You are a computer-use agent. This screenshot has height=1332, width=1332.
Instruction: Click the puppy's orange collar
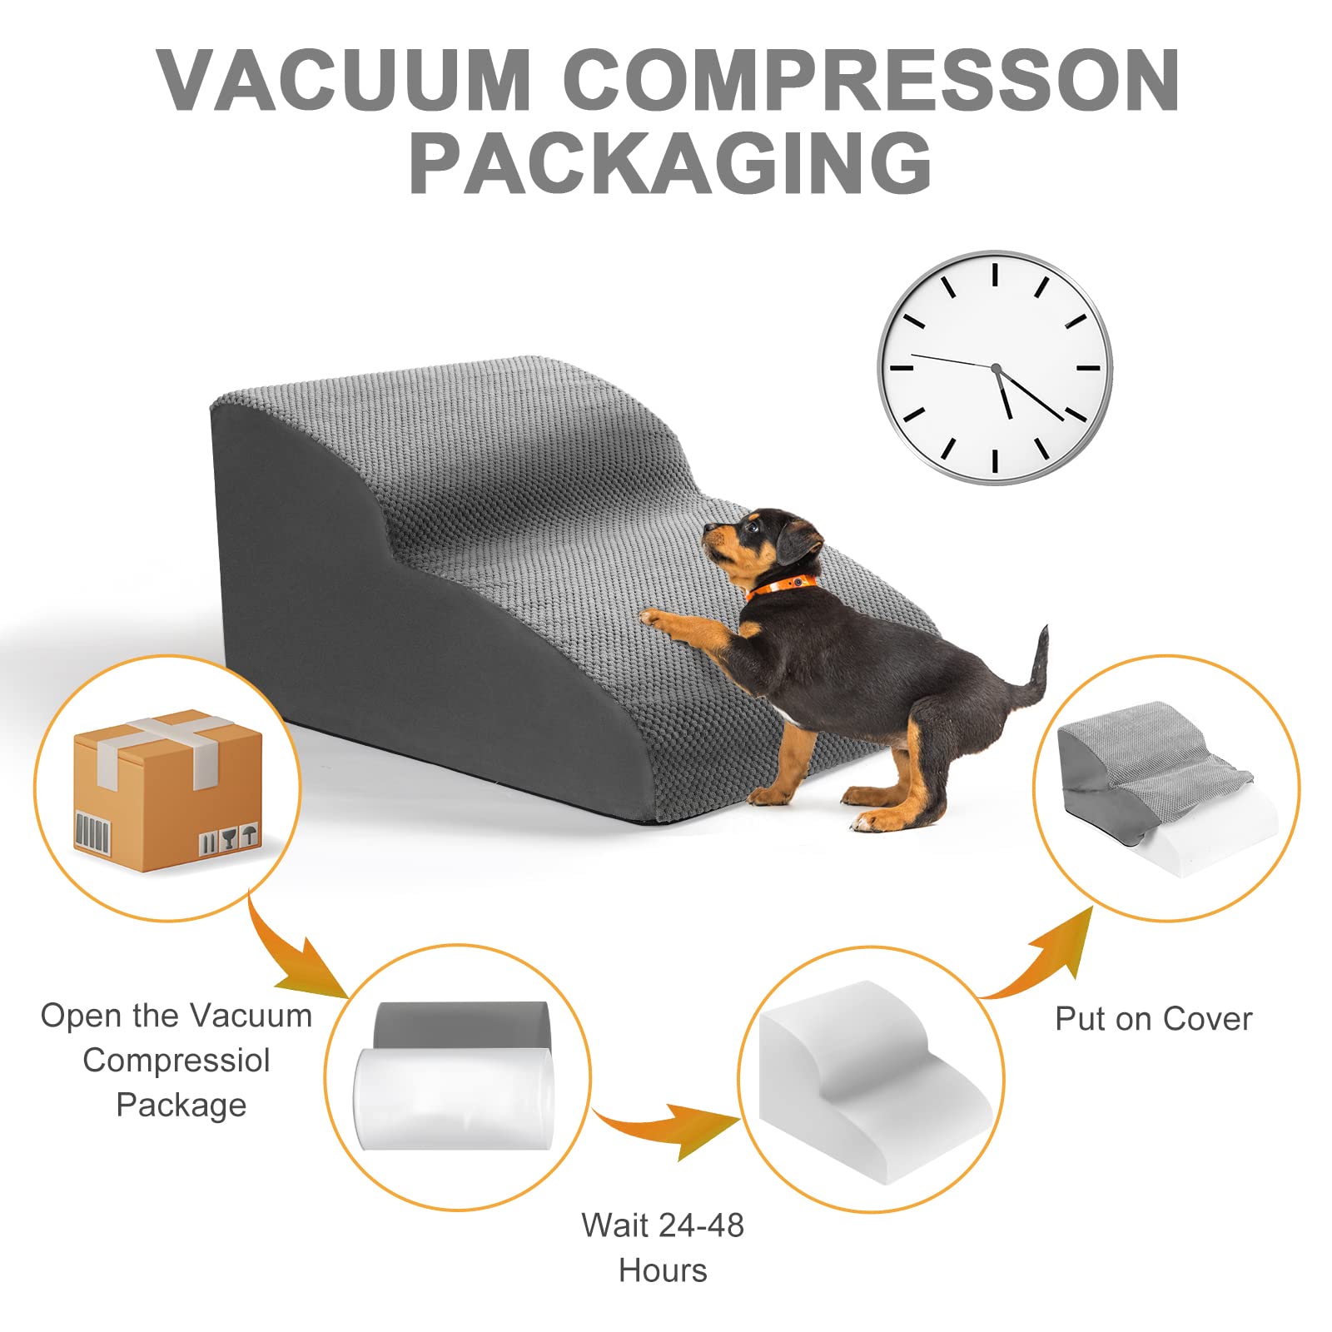pos(781,584)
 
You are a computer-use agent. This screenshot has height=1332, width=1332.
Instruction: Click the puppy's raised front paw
pos(654,618)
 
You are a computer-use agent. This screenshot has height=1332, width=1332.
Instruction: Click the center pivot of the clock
pos(995,367)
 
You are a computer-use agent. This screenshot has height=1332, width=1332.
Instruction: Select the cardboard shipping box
pos(167,790)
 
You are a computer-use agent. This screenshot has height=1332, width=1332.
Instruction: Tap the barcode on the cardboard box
pos(92,832)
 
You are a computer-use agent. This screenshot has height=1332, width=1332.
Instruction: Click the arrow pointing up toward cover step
pos(1045,957)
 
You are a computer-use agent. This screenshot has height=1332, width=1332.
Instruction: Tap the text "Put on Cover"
pos(1154,1019)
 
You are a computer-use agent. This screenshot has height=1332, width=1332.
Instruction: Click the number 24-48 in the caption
pos(701,1225)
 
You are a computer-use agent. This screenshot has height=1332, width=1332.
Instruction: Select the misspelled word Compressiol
pos(176,1061)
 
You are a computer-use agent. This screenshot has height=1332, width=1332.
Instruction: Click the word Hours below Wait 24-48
pos(663,1270)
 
